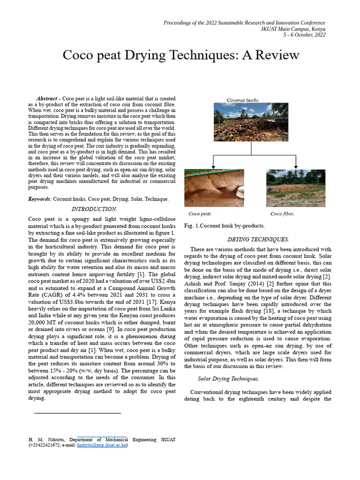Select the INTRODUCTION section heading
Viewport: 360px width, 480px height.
click(94, 209)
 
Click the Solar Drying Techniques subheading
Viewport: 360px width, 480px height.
click(228, 379)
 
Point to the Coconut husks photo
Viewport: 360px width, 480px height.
click(251, 122)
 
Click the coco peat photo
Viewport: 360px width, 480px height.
click(213, 188)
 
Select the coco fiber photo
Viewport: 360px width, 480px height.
click(295, 188)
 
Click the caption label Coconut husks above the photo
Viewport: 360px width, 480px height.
click(243, 100)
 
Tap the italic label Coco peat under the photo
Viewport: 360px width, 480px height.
click(200, 214)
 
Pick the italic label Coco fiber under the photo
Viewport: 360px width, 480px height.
click(283, 214)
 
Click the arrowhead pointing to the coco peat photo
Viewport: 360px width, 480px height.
click(214, 166)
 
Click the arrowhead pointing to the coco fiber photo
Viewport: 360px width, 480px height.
click(296, 166)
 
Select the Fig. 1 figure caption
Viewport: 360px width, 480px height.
click(225, 225)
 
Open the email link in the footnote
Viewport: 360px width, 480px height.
click(102, 445)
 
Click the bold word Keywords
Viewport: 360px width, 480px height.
click(40, 199)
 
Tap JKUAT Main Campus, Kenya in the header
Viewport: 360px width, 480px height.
click(292, 29)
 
